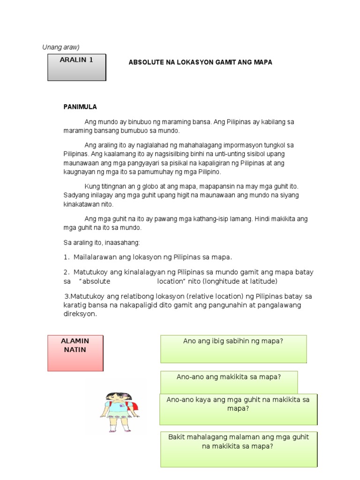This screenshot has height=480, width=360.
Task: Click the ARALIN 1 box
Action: tap(77, 67)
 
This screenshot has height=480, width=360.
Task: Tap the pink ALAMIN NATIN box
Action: tap(75, 353)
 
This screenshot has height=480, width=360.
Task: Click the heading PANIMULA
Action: tap(80, 107)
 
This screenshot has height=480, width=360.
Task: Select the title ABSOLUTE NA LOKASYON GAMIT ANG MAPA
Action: tap(200, 62)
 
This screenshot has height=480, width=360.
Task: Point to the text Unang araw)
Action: tap(61, 47)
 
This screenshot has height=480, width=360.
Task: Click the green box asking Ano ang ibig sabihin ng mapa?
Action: tap(233, 348)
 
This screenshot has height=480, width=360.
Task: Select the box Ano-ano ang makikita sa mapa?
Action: tap(229, 382)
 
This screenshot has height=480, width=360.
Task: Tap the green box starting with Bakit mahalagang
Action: tap(239, 449)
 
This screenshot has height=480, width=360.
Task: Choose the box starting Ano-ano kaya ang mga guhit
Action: tap(239, 409)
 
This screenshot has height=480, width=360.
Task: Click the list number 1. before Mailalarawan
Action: tap(67, 257)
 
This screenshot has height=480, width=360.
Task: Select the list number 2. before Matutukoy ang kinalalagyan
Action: tap(67, 272)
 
